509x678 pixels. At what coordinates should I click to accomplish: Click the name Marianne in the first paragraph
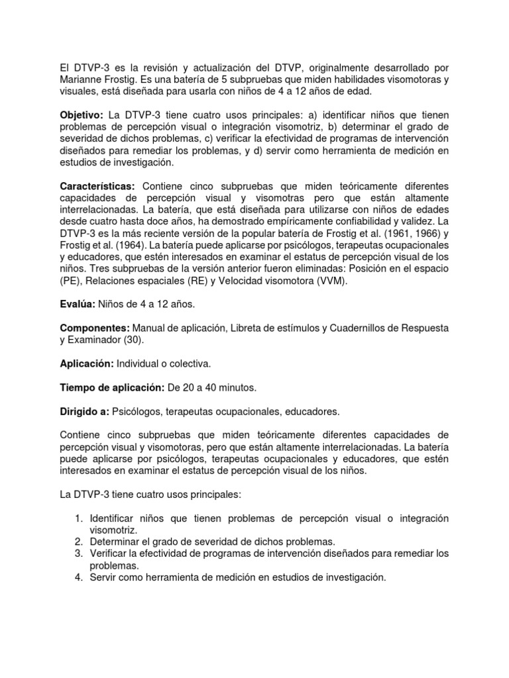pyautogui.click(x=83, y=79)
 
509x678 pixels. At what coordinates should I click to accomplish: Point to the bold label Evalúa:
pyautogui.click(x=78, y=304)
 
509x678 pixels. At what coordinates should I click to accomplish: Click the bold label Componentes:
pyautogui.click(x=95, y=328)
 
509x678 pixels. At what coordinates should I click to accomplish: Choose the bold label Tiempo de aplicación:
pyautogui.click(x=111, y=387)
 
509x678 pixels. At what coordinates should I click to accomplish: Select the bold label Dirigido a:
pyautogui.click(x=85, y=411)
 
